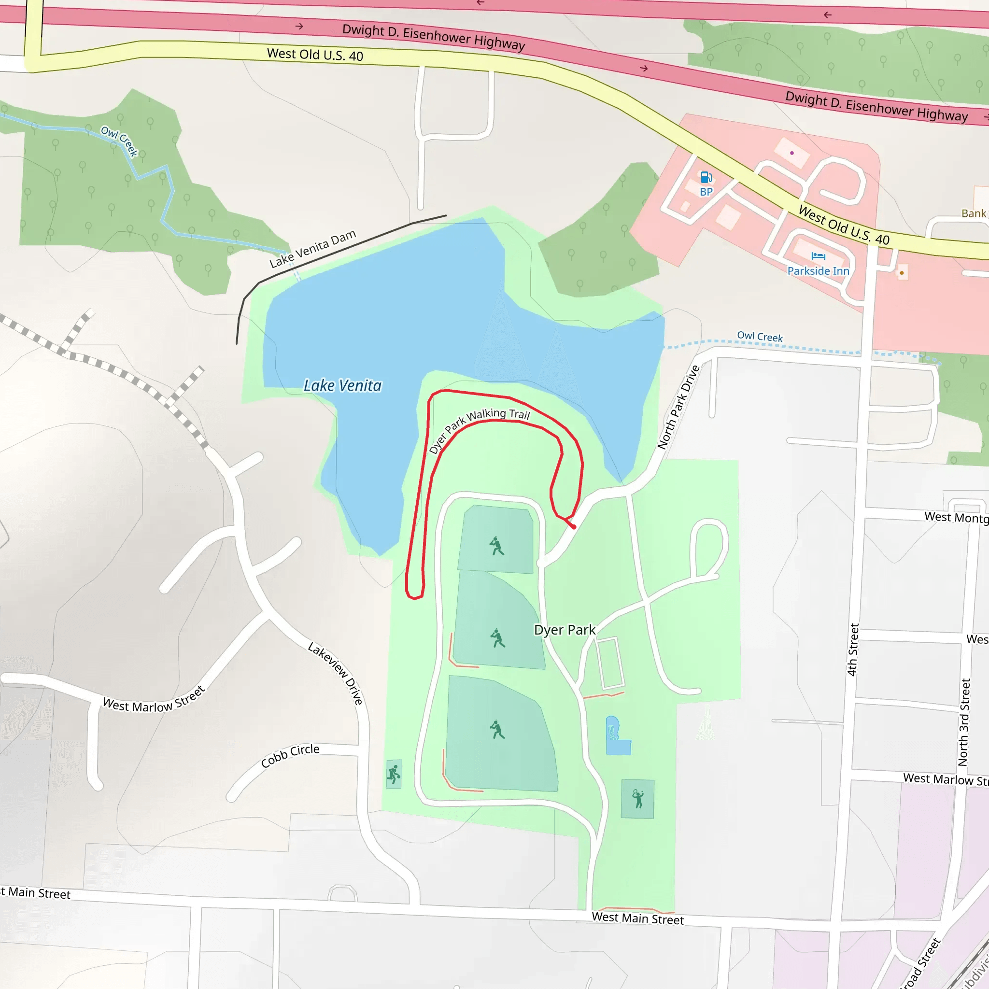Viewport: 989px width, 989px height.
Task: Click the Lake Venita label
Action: (x=342, y=385)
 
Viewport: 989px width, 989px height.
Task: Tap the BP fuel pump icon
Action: (x=706, y=178)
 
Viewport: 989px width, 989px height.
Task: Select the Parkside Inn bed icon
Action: (x=818, y=256)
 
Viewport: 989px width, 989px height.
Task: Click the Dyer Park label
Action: (x=565, y=630)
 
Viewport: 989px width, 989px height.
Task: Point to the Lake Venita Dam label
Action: (x=312, y=249)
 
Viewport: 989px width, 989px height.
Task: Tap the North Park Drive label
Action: (x=678, y=408)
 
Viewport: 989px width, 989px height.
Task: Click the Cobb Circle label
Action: (x=290, y=756)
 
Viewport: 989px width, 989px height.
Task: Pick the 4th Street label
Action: (x=852, y=650)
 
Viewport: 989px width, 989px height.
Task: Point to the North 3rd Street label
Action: (x=964, y=722)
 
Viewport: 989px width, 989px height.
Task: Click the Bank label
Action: (x=973, y=213)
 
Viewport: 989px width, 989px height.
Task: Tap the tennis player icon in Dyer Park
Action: (x=637, y=799)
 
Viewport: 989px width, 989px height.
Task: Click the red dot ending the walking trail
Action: (x=574, y=527)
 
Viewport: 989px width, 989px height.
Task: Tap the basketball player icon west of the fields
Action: (x=393, y=774)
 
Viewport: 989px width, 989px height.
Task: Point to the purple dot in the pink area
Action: (x=792, y=153)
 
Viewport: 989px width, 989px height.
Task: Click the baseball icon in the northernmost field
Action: (x=496, y=546)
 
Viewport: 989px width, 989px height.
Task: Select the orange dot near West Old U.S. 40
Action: (x=902, y=273)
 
